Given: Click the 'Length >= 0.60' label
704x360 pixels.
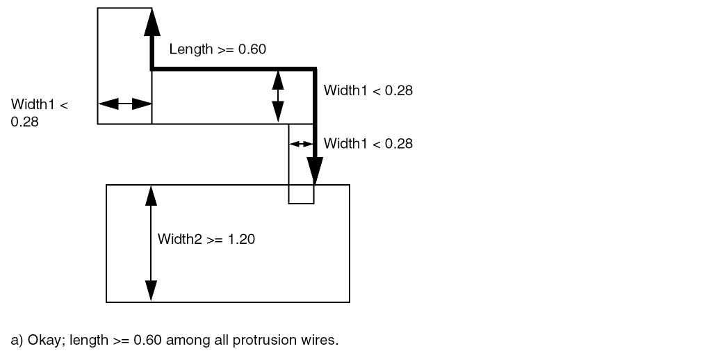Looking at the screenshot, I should click(x=218, y=49).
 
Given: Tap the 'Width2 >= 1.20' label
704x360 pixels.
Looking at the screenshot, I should click(x=206, y=240).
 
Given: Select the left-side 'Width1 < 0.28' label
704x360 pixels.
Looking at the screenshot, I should click(x=39, y=113).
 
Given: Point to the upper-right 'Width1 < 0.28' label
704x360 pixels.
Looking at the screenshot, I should click(x=368, y=90).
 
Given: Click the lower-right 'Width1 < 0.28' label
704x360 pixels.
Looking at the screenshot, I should click(x=368, y=144).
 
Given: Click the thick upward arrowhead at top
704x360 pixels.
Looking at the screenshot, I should click(x=151, y=24).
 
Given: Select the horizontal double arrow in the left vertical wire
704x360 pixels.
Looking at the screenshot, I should click(x=124, y=104).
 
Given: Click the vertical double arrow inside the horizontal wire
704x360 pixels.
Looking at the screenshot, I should click(x=278, y=96).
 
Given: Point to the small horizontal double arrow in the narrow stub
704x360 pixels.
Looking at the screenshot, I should click(x=301, y=144).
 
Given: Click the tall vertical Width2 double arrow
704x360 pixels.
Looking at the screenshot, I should click(x=150, y=243).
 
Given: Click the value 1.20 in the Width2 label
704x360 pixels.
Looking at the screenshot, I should click(x=242, y=240).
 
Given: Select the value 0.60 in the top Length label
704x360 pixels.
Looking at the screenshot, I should click(x=252, y=49).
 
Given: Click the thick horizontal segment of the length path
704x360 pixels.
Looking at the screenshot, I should click(x=233, y=69).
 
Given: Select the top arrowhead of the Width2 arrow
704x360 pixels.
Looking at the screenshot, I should click(x=150, y=195).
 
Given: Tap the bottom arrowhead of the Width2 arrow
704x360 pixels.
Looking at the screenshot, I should click(x=150, y=291).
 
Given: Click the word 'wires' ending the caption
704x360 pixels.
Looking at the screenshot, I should click(x=321, y=341).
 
